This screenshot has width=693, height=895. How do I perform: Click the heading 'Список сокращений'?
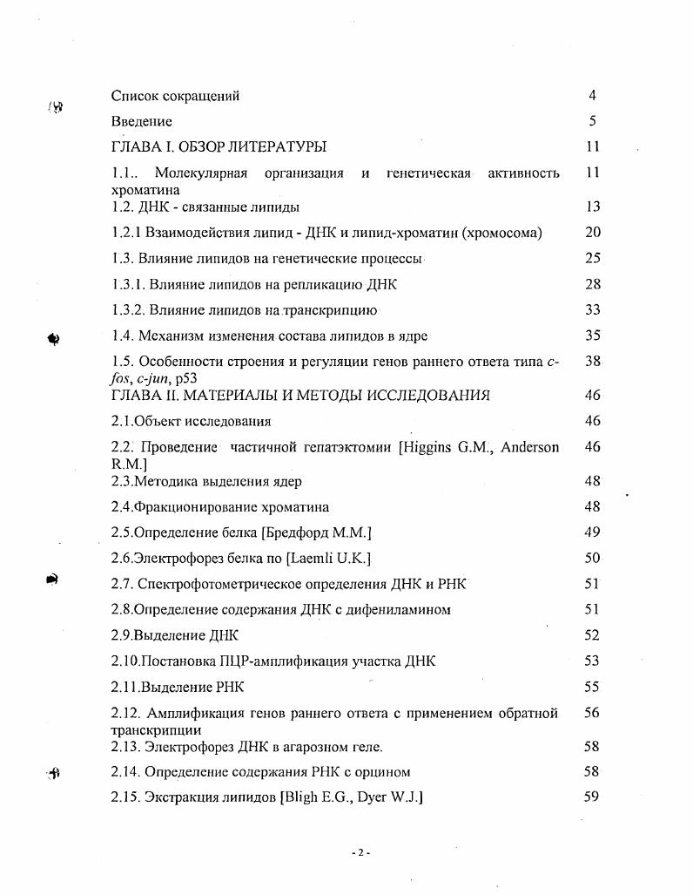click(x=175, y=96)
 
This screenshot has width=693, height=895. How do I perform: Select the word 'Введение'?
click(x=142, y=122)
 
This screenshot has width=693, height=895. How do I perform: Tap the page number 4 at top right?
click(x=592, y=96)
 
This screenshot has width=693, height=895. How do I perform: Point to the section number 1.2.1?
click(x=127, y=233)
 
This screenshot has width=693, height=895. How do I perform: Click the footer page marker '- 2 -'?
click(x=360, y=852)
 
